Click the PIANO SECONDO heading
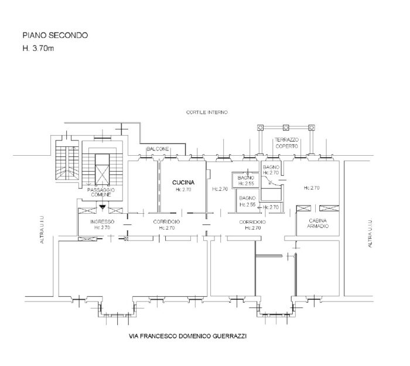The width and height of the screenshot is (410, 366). [55, 36]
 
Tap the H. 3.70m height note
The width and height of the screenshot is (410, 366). [37, 47]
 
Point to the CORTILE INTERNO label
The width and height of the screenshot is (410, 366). [206, 112]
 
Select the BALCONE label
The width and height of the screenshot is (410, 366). [158, 149]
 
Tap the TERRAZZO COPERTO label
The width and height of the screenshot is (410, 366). [286, 142]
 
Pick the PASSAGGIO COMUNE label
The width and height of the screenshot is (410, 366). [101, 193]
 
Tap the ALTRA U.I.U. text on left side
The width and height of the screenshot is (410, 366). [43, 232]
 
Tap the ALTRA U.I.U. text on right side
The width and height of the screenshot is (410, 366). [370, 232]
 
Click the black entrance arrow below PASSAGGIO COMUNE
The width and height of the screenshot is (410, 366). [101, 207]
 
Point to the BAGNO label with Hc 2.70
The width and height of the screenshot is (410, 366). [272, 170]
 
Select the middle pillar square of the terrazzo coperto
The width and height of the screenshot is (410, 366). [286, 127]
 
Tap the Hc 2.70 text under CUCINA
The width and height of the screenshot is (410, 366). [183, 190]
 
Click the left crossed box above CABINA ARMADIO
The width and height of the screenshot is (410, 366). [304, 209]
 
